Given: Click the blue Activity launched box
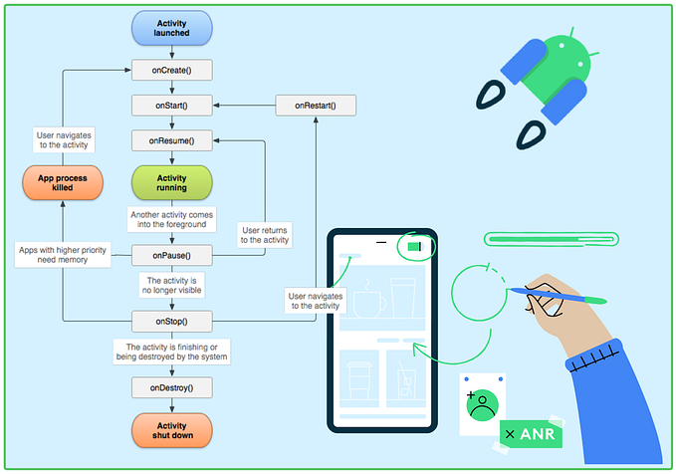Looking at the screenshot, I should coord(171,28).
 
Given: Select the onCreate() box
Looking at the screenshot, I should coord(171,70).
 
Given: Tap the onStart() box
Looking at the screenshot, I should coord(171,105).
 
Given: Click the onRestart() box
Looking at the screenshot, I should coord(316,105).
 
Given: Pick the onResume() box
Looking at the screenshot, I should coord(171,140).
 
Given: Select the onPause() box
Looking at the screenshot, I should coord(171,256).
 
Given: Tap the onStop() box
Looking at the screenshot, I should coord(171,321).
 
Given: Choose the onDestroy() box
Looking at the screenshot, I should coord(171,387).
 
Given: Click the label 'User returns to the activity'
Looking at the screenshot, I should coord(264,235).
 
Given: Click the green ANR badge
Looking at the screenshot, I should coord(531,435).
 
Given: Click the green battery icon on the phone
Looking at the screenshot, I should coord(413,246).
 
